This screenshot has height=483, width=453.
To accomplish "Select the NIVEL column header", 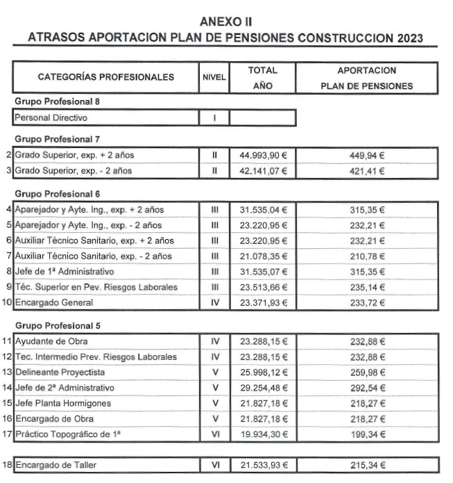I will click(214, 78).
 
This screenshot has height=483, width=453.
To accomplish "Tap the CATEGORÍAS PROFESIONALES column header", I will click(105, 77).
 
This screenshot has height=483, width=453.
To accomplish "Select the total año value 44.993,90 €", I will click(263, 155).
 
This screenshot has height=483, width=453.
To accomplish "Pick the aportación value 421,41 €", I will click(367, 170).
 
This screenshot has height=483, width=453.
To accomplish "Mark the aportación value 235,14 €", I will click(367, 287).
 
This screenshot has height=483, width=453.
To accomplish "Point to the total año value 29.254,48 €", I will click(263, 388).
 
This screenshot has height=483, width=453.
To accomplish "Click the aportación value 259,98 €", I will click(367, 372).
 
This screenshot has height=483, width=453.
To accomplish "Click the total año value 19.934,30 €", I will click(263, 434).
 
